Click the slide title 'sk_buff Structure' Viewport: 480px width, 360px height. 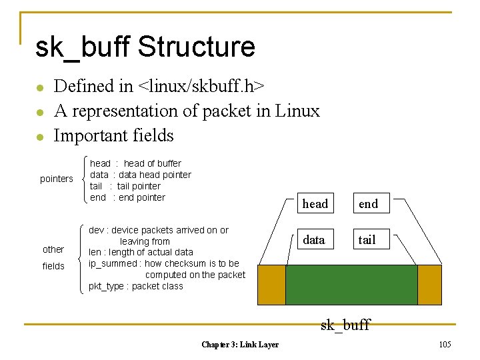point(145,47)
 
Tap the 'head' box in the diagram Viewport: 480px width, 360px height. point(315,204)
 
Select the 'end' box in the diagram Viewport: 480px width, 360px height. point(368,204)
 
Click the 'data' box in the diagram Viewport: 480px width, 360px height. point(314,239)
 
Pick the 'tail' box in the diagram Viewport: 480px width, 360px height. point(367,239)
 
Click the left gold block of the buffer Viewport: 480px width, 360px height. point(271,285)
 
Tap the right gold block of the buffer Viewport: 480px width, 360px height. point(429,285)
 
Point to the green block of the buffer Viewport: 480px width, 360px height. point(351,285)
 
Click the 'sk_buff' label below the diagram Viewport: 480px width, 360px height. point(345,325)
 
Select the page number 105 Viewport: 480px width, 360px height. point(445,344)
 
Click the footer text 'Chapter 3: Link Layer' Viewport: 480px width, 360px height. point(240,344)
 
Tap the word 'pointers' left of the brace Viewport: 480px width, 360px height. point(57,179)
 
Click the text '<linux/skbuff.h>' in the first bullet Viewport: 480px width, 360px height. point(201,86)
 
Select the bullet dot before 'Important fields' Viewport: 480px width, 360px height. point(41,137)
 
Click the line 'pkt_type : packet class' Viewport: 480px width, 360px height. point(136,286)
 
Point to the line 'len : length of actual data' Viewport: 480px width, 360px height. point(141,252)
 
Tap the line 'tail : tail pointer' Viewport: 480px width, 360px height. point(125,186)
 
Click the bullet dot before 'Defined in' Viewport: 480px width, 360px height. point(41,87)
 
